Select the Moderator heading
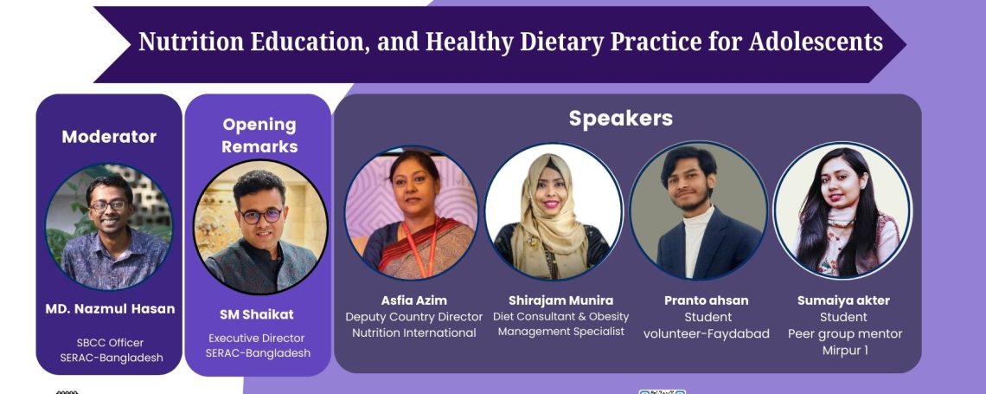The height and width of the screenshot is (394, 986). coord(109,137)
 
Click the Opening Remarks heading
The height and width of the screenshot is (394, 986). coord(259,135)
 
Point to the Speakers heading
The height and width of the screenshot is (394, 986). coord(621,118)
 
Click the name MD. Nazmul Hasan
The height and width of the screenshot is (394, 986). coord(110,309)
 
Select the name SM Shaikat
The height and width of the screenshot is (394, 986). coord(257,314)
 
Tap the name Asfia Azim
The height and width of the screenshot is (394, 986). coord(413,300)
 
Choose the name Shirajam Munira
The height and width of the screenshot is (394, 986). coord(561,300)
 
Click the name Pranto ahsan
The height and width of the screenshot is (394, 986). coord(706,300)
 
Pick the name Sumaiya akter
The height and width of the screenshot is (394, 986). coord(844,300)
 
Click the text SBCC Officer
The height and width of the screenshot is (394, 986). coord(110,343)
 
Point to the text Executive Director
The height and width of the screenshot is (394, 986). coord(257,338)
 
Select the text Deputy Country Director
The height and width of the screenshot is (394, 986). coord(413,317)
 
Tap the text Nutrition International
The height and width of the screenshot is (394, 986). coord(413,333)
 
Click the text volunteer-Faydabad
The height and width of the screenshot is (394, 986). coord(706,333)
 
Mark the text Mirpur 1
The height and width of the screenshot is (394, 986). coord(844,351)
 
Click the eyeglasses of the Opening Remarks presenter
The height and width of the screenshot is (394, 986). coord(261,216)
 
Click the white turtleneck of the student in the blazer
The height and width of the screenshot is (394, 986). coord(695,239)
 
